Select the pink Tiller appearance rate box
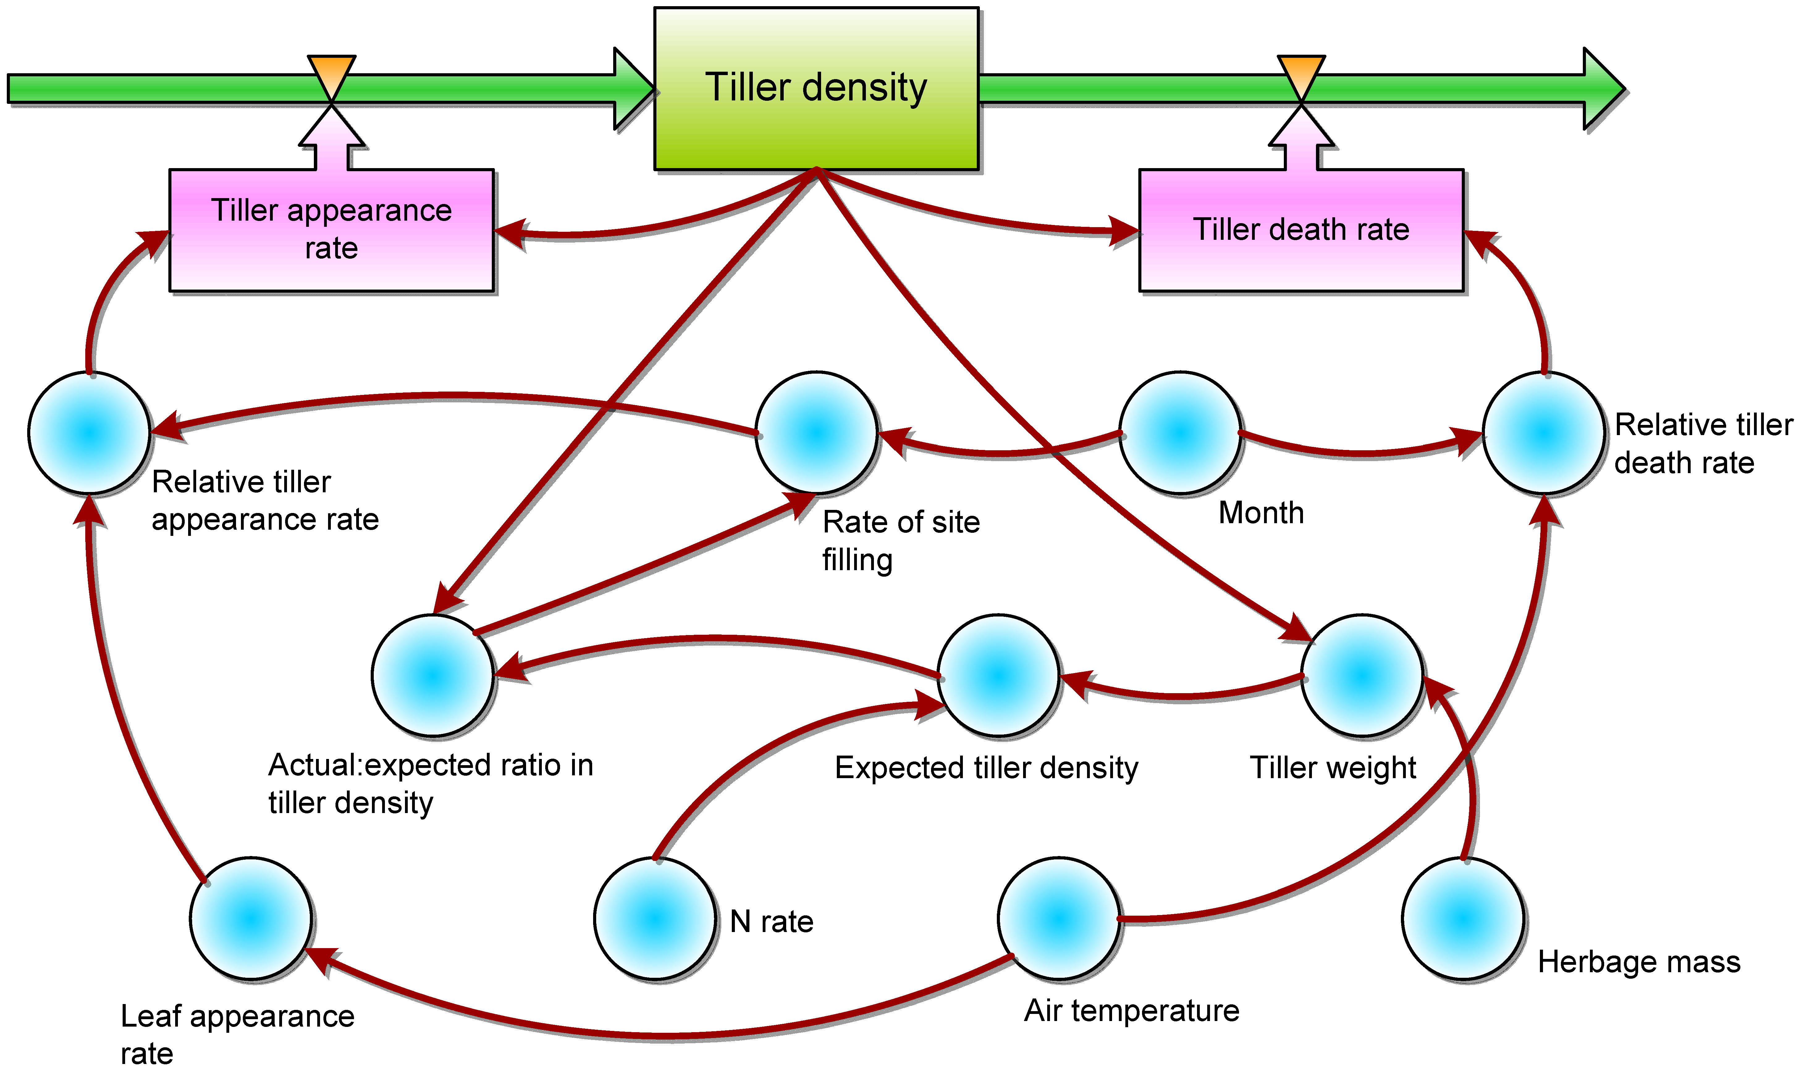[x=332, y=230]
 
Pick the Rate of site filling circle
[x=816, y=433]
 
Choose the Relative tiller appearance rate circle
[x=89, y=433]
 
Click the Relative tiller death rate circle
[x=1544, y=433]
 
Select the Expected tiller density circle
[x=998, y=675]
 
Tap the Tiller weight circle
[x=1362, y=675]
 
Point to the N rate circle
[x=655, y=918]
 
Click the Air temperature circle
[x=1059, y=918]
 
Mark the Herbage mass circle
[x=1463, y=918]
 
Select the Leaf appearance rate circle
[x=251, y=918]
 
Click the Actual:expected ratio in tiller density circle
[x=432, y=675]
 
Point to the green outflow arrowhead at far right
[x=1603, y=88]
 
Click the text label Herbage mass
[x=1639, y=961]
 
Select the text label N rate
[x=771, y=921]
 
